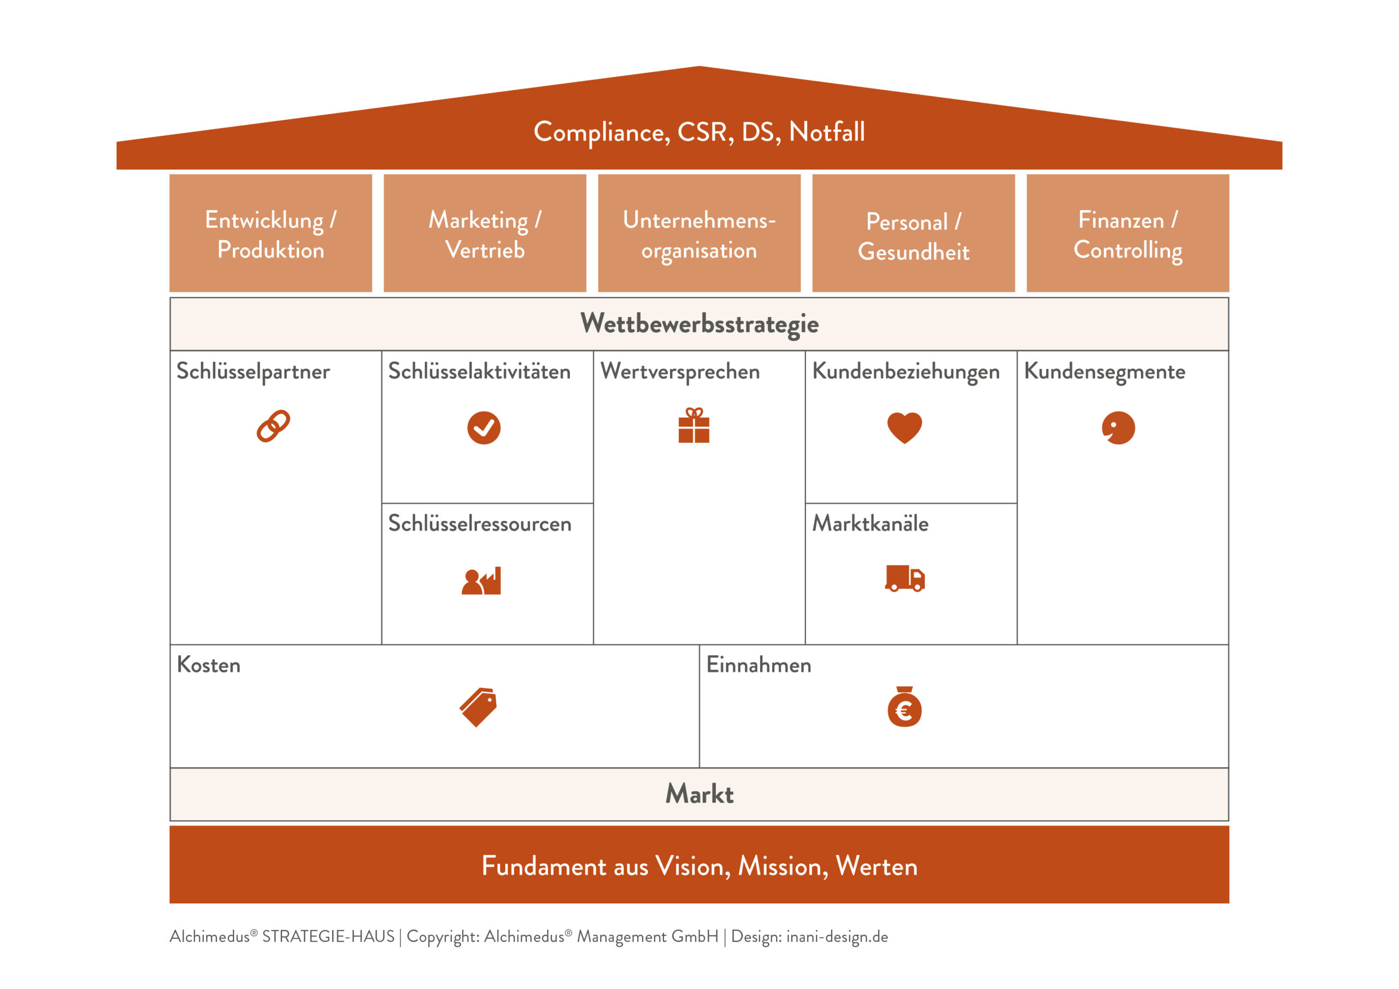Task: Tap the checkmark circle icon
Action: [x=484, y=428]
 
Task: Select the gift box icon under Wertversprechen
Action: [x=694, y=425]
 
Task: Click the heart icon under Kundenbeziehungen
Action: [x=905, y=428]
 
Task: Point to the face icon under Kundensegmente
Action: [x=1119, y=428]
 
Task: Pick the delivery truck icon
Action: [x=905, y=578]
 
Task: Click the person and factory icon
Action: [x=481, y=581]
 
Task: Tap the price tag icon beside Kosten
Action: [x=478, y=707]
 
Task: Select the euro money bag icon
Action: [x=904, y=707]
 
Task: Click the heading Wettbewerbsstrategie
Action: [x=699, y=324]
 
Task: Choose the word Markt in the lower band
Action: [x=699, y=794]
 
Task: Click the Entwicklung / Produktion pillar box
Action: [x=271, y=233]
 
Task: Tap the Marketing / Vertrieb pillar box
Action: [x=485, y=233]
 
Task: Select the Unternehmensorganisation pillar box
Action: [x=699, y=233]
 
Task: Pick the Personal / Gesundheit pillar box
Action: [x=914, y=233]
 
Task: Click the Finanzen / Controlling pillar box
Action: [x=1128, y=233]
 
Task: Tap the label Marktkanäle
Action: [x=870, y=523]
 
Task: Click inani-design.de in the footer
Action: [x=837, y=937]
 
